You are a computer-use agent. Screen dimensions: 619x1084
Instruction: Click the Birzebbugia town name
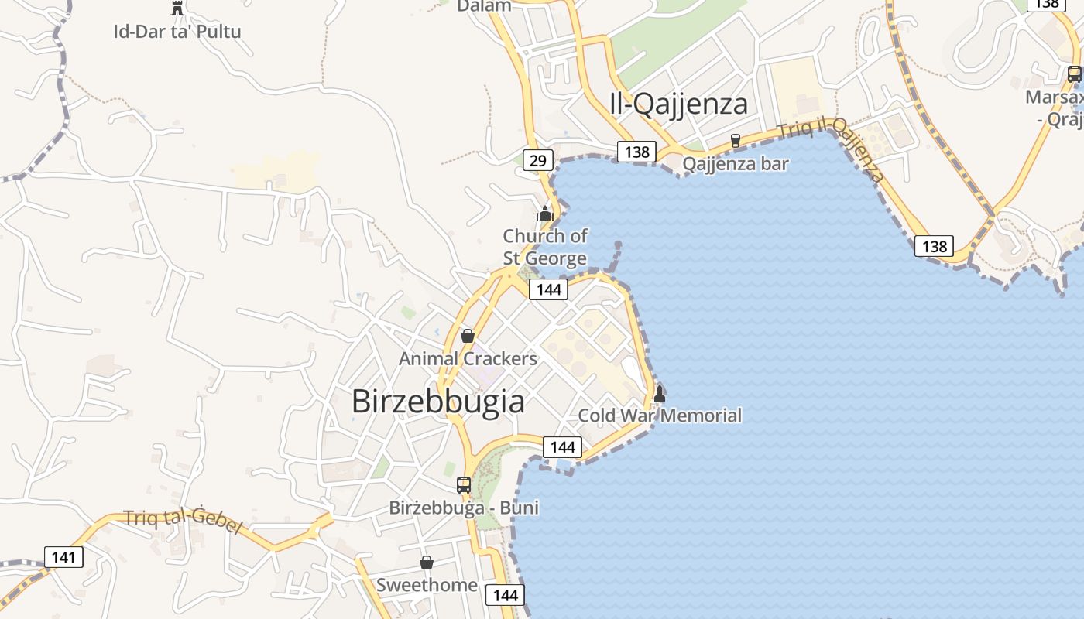click(437, 402)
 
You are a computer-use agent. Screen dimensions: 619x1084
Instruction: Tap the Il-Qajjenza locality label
click(679, 104)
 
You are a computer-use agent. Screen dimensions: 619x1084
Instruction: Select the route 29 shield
click(537, 161)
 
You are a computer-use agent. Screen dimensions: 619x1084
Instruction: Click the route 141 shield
click(63, 557)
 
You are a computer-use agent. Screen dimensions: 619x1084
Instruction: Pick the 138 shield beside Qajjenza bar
click(636, 152)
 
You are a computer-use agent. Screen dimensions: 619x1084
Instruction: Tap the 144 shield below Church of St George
click(548, 289)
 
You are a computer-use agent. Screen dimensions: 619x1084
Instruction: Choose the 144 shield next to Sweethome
click(505, 595)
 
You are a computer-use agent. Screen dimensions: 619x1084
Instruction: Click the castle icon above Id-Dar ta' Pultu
click(177, 9)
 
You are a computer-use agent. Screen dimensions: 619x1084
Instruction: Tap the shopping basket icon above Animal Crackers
click(467, 336)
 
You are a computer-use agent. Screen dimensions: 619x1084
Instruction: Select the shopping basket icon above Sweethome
click(426, 563)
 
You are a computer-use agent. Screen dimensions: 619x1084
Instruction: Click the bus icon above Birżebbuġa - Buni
click(463, 485)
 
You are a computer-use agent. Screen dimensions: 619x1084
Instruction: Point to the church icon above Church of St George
click(545, 213)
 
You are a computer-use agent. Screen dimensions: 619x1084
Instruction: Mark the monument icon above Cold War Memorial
click(660, 393)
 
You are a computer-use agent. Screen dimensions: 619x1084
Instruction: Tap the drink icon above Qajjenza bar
click(736, 141)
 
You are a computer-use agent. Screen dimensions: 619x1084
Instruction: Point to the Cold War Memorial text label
click(660, 416)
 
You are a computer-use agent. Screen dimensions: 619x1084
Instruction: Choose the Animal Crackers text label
click(468, 359)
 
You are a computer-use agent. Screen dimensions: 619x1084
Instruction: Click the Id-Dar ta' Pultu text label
click(177, 32)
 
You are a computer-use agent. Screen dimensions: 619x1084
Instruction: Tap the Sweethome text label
click(427, 585)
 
